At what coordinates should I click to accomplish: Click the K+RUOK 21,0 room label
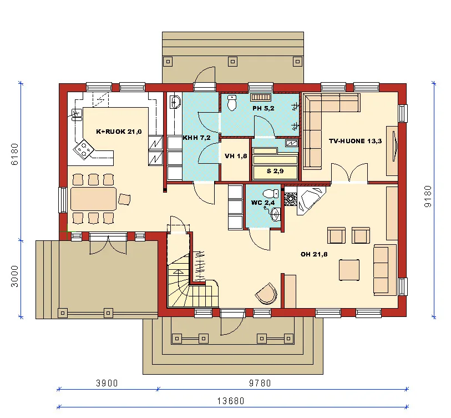(119, 132)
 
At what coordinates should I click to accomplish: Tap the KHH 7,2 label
(196, 137)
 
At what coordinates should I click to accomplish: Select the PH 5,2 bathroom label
(263, 108)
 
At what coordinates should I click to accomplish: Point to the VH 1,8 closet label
(235, 157)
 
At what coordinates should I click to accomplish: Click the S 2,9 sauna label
(275, 171)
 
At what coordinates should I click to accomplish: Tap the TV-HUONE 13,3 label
(354, 141)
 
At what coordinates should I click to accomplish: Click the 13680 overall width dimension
(230, 400)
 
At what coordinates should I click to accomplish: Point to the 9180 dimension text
(428, 196)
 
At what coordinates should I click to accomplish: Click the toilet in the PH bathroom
(232, 102)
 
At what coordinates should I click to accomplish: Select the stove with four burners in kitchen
(84, 149)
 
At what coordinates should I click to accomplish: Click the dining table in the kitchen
(93, 198)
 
